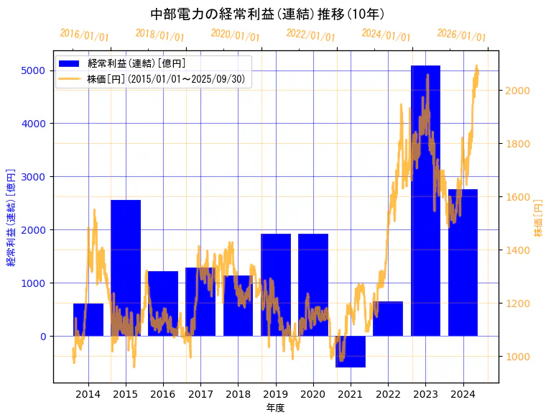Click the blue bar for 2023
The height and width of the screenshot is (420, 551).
[425, 201]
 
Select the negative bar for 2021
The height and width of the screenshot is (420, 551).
[351, 352]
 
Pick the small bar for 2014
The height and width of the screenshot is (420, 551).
[88, 320]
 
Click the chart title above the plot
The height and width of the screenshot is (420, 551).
[267, 14]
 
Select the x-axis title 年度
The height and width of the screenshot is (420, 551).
[275, 408]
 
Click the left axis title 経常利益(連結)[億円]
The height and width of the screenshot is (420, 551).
[11, 217]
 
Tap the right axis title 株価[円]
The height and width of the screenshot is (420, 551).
[538, 217]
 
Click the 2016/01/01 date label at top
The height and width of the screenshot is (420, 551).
[85, 35]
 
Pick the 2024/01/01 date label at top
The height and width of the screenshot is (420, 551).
[386, 35]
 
